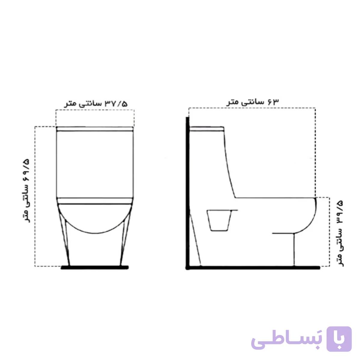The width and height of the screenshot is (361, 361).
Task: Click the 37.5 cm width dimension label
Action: pyautogui.click(x=96, y=104)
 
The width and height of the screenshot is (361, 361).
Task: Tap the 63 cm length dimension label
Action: pyautogui.click(x=252, y=102)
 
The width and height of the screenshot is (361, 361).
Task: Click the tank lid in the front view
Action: pyautogui.click(x=95, y=129)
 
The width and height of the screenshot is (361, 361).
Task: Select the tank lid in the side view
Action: pyautogui.click(x=207, y=128)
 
